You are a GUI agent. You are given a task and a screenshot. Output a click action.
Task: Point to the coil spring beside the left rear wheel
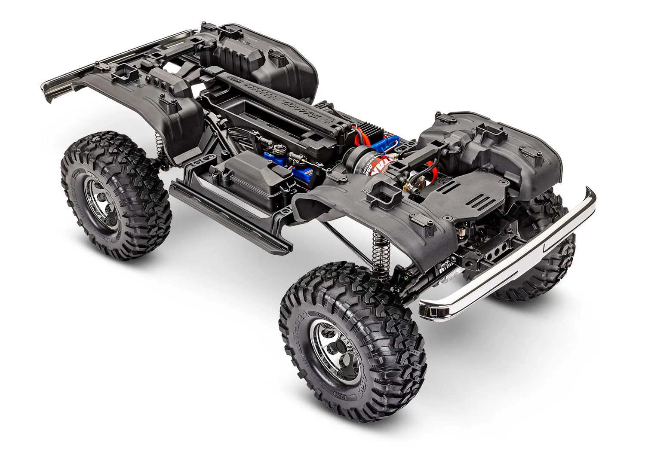[158, 142]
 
